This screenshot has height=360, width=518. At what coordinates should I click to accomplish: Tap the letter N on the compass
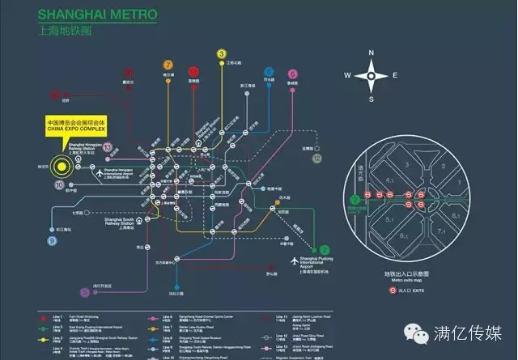tap(372, 53)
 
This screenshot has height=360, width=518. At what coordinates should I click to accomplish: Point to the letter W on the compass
tap(346, 75)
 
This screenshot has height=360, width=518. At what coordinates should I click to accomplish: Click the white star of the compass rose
tap(372, 76)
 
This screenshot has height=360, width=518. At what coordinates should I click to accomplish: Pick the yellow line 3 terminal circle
tap(222, 54)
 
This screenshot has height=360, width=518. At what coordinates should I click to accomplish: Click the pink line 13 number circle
tap(107, 147)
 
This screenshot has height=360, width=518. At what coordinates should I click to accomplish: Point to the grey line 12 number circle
tap(316, 159)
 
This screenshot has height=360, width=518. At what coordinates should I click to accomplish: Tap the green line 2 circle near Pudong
tap(325, 250)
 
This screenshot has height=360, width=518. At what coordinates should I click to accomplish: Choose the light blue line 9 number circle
tap(52, 240)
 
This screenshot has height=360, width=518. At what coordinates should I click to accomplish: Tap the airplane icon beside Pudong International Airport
tap(295, 260)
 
